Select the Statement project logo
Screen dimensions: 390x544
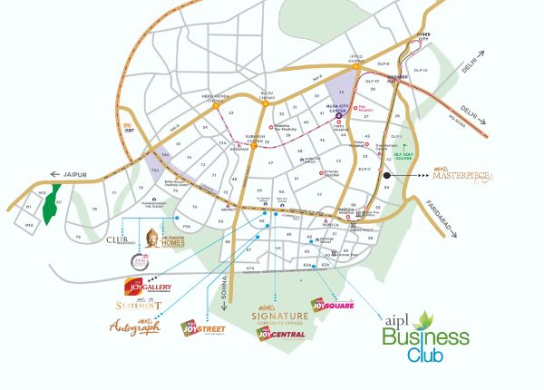139,307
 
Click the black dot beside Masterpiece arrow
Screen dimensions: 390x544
385,174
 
